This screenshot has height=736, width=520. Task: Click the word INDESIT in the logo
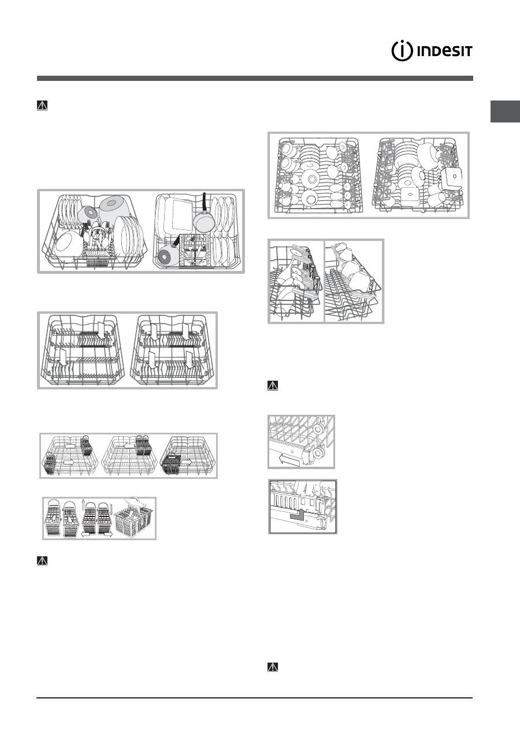coord(443,51)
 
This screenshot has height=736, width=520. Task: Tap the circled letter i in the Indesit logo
coord(402,51)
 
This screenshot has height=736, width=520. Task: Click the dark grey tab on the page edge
coord(505,111)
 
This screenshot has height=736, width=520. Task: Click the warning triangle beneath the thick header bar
coord(42,106)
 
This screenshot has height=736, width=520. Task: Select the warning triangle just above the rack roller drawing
coord(273,385)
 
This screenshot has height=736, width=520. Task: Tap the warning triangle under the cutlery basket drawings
coord(42,561)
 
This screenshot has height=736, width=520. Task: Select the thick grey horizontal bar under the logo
coord(255,78)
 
